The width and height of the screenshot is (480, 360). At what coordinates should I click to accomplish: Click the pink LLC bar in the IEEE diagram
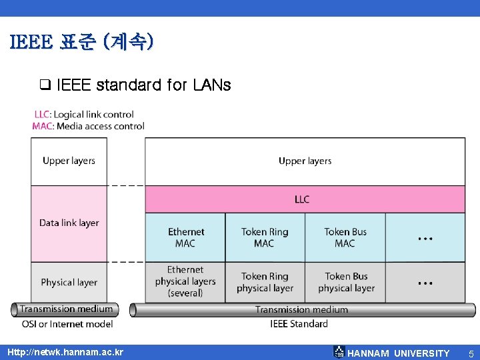(305, 199)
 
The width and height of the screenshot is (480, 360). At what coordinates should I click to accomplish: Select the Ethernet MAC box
(185, 237)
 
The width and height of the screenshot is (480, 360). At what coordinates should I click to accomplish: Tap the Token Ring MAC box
(265, 237)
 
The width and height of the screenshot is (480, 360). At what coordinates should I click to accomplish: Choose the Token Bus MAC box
(345, 237)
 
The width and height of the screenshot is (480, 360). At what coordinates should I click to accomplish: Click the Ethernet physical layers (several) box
(185, 281)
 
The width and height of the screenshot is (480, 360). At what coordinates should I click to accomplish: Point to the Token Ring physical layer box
(265, 282)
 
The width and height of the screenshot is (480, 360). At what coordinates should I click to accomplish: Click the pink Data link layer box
(69, 223)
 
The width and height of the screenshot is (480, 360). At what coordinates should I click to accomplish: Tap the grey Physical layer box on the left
(69, 282)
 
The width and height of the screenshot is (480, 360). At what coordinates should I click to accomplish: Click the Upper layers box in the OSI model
(69, 161)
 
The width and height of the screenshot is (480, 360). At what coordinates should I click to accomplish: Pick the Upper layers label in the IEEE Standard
(305, 161)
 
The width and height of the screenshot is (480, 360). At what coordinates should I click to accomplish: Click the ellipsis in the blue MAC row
(425, 237)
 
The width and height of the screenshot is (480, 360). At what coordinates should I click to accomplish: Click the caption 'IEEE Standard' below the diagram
(299, 324)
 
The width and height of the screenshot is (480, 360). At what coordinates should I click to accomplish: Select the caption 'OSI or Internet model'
(67, 324)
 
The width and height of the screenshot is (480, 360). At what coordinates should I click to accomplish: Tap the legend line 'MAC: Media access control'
(88, 126)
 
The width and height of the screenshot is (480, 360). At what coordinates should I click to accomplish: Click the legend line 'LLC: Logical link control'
(84, 115)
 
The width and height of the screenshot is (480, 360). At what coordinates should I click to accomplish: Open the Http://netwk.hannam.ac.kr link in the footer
(65, 352)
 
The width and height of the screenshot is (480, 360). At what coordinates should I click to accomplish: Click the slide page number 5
(470, 353)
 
